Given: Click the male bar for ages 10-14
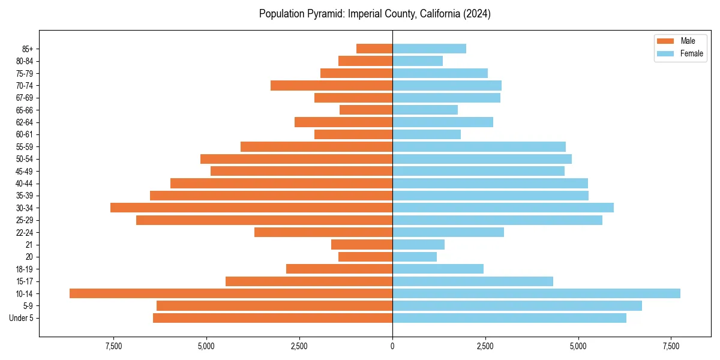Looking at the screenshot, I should pos(231,293).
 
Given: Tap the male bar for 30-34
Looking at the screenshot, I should pos(251,208).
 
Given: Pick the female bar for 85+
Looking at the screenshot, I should pos(429,49).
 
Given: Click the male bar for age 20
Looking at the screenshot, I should pos(365,257).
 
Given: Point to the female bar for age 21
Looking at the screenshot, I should pos(418,244).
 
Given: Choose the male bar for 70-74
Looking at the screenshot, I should pos(331,85).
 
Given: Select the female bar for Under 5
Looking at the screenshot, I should pos(509,318).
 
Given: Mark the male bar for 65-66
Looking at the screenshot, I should pos(366,110).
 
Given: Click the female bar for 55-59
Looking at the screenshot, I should pos(479,146).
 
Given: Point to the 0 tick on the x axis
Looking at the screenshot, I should pos(392,346).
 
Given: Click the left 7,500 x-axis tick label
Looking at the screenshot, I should pos(113,346).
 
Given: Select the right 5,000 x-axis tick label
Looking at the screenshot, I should pos(578,346).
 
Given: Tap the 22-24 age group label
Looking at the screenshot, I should pos(25,232).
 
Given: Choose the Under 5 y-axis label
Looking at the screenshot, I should pos(22,318).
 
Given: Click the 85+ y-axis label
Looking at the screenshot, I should pos(28,49).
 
